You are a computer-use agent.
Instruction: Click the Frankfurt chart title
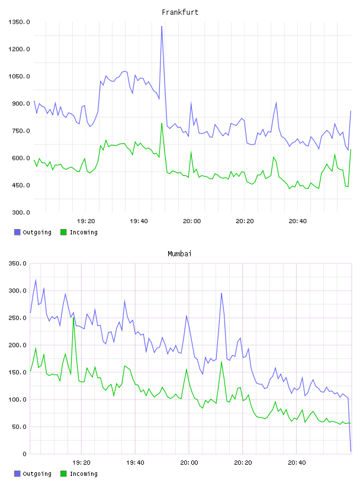(180, 12)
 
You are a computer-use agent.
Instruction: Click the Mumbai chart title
(179, 254)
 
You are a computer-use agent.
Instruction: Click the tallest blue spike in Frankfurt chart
(162, 27)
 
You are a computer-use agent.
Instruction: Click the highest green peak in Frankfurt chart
(162, 124)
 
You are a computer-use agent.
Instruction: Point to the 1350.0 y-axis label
(19, 22)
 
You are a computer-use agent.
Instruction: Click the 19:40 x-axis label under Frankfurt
(139, 221)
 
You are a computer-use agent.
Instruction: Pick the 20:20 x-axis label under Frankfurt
(245, 221)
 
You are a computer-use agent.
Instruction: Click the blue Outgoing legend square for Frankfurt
(17, 232)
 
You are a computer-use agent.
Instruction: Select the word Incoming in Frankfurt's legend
(83, 232)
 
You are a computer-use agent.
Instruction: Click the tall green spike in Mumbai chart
(73, 318)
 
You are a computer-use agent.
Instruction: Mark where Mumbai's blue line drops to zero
(351, 451)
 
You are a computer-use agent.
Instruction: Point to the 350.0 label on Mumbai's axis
(18, 263)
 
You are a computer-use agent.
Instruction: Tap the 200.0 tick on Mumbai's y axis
(18, 345)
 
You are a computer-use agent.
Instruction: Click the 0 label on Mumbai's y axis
(25, 454)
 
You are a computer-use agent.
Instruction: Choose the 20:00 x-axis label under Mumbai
(189, 462)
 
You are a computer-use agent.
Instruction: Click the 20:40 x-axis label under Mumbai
(297, 462)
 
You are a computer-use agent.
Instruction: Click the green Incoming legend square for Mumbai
(63, 474)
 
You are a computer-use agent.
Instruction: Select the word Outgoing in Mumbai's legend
(37, 474)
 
